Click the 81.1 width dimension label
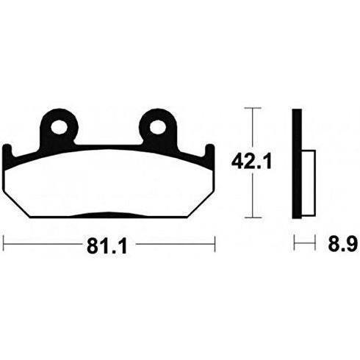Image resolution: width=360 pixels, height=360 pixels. pos(107,245)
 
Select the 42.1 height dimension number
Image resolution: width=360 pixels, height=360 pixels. pos(252,162)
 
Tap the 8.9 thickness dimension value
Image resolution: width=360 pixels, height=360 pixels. pos(342,244)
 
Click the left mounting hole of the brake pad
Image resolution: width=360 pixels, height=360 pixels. pos(59,127)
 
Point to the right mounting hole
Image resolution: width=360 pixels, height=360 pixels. pos(158,127)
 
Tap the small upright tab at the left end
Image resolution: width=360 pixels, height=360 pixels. pos(7,152)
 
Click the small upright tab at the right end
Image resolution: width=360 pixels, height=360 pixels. pos(210,152)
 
